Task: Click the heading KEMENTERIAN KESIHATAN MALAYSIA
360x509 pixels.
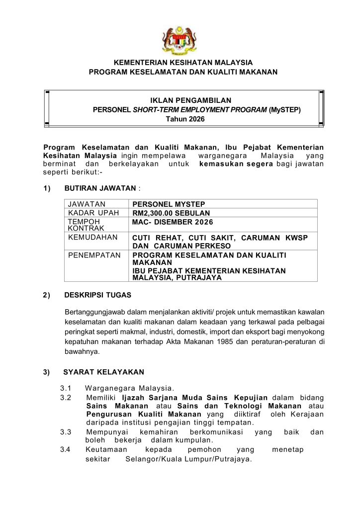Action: tap(183, 63)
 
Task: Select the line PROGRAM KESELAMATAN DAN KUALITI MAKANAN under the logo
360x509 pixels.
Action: tap(183, 72)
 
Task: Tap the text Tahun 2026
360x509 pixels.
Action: tap(184, 119)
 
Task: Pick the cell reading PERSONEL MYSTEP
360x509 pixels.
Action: tap(169, 204)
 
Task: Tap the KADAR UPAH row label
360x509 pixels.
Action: tap(93, 213)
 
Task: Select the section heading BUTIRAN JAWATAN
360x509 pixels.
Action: tap(100, 188)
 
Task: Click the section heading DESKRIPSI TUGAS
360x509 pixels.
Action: tap(98, 295)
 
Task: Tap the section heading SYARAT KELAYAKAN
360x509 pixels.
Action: tap(104, 372)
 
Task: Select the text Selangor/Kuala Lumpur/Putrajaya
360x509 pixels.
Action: tap(188, 459)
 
